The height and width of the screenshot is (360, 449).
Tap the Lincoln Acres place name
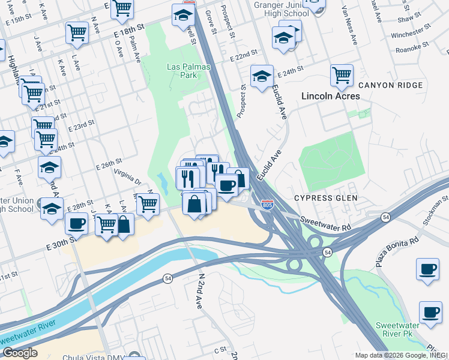(x=330, y=96)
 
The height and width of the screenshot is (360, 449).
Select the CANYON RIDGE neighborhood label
(x=390, y=85)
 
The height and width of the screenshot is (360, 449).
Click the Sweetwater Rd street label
(x=325, y=224)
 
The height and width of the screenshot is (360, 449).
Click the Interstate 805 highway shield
(x=268, y=205)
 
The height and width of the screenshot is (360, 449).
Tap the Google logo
(x=19, y=352)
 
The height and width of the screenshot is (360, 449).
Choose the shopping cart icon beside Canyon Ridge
(x=342, y=76)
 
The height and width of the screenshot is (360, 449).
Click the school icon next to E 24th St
(x=262, y=77)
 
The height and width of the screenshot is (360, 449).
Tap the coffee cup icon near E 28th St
(x=77, y=224)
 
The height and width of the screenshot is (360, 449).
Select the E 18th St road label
(x=129, y=28)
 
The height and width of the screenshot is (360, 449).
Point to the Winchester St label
(x=411, y=35)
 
